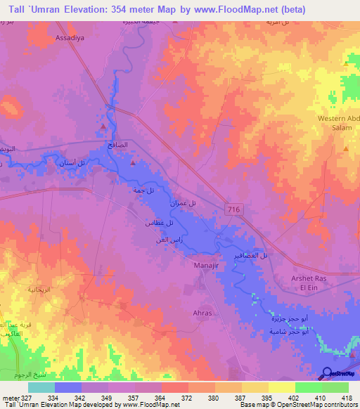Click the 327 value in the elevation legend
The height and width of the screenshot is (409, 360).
[27, 397]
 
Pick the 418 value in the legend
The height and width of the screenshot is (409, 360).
[347, 397]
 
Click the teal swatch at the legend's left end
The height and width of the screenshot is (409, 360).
[41, 387]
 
